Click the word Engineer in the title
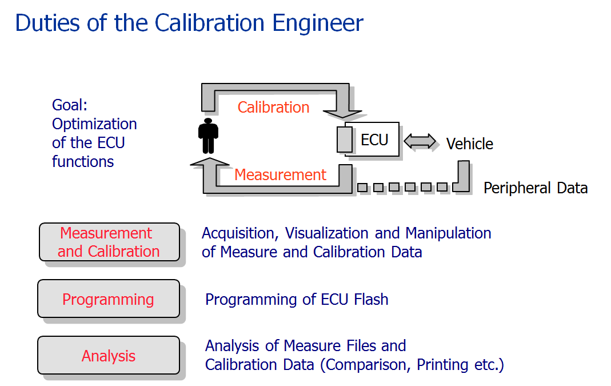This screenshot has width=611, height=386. click(318, 23)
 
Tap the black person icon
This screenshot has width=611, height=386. click(208, 136)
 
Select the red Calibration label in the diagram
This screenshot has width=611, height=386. click(273, 108)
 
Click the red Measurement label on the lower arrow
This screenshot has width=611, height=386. click(280, 174)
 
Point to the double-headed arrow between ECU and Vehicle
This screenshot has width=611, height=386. click(420, 141)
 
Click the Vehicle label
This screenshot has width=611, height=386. click(469, 144)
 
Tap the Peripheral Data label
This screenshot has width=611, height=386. click(535, 188)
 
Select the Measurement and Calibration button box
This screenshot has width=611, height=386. click(109, 242)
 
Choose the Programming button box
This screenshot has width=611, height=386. click(108, 299)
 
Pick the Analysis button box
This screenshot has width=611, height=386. click(108, 356)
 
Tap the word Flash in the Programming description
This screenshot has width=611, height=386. click(370, 299)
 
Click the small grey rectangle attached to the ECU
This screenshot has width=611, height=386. click(345, 140)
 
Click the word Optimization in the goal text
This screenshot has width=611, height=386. click(94, 124)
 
